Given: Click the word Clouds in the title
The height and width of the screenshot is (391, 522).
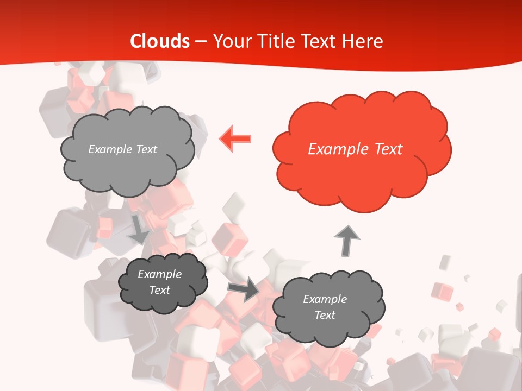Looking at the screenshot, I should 160,41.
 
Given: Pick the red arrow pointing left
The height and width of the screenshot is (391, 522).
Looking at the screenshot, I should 235,138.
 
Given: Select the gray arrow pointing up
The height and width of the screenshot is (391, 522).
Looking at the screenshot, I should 346,241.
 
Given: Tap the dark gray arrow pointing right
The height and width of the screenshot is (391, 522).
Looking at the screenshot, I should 244,288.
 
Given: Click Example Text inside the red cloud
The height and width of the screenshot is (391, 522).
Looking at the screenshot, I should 355,149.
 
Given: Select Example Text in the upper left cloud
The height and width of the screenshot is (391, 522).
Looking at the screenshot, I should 122,149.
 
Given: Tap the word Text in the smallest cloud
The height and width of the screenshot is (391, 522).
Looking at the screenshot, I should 159,290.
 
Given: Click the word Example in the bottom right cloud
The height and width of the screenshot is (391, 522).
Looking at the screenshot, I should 325,299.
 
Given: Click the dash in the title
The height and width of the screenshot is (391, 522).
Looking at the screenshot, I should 201,41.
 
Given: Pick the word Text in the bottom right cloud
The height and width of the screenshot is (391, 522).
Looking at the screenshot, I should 325,315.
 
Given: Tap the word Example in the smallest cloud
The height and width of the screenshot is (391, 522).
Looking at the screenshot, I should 159,274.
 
